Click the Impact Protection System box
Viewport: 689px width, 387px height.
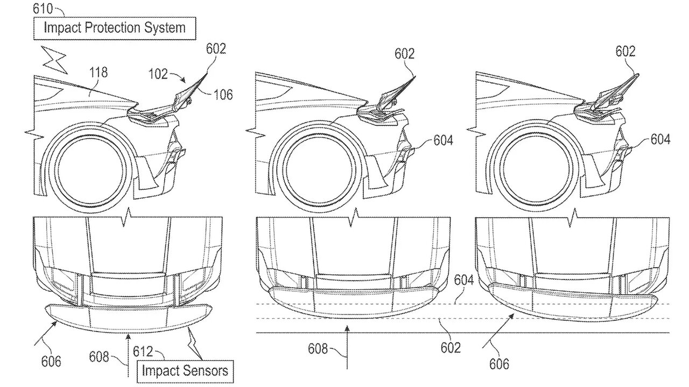tap(115, 28)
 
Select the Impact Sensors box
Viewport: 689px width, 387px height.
tap(185, 371)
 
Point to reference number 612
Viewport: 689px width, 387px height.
tap(143, 352)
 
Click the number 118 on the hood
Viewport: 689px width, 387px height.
tap(99, 73)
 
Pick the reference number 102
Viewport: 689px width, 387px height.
tap(158, 74)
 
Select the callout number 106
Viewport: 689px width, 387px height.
tap(223, 95)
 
